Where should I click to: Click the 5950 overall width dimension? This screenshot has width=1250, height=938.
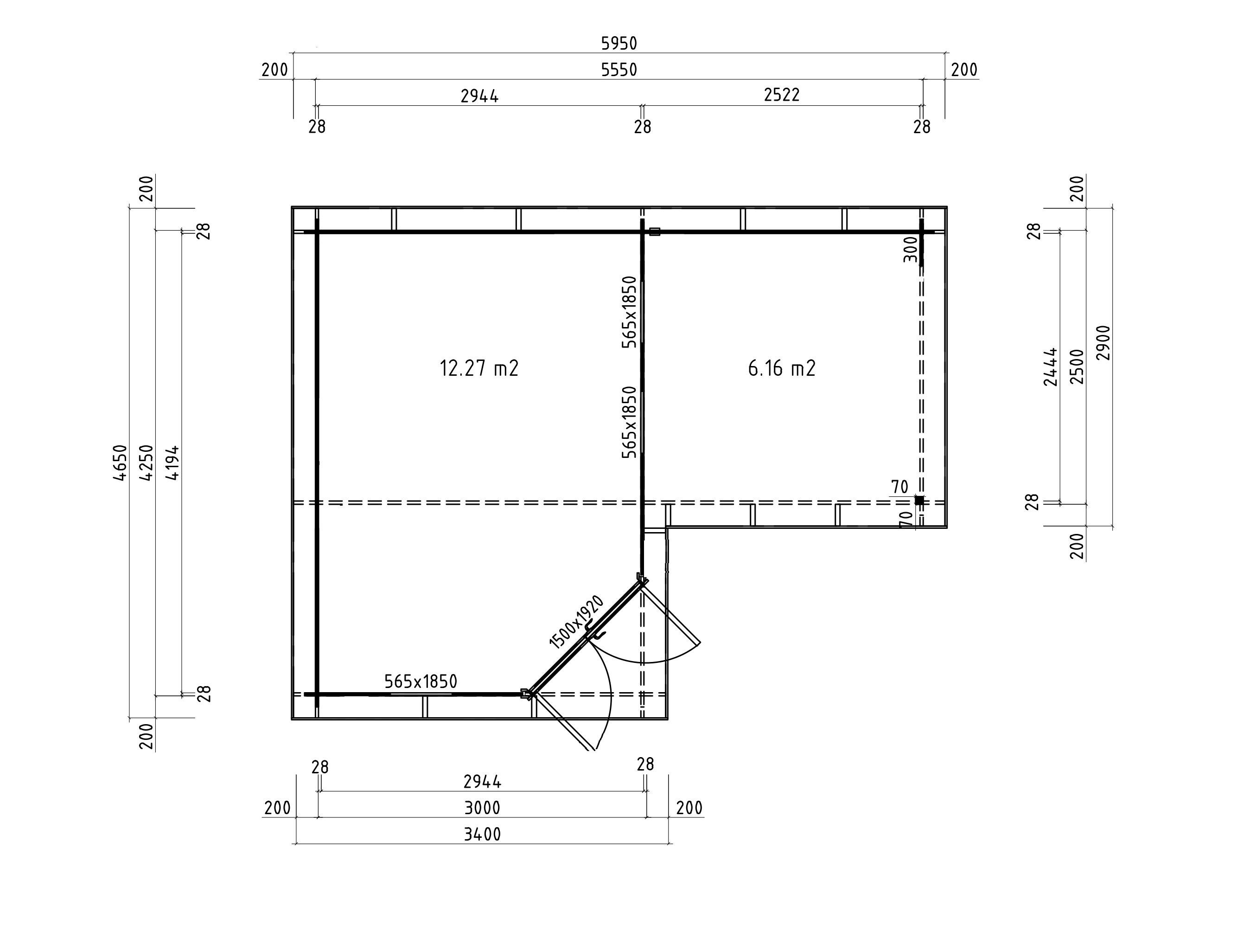pyautogui.click(x=619, y=43)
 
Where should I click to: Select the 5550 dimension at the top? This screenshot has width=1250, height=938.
pyautogui.click(x=619, y=70)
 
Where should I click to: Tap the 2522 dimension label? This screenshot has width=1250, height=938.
pyautogui.click(x=782, y=95)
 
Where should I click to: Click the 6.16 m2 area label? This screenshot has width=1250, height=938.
pyautogui.click(x=782, y=368)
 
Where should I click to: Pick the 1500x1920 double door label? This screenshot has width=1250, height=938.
pyautogui.click(x=576, y=621)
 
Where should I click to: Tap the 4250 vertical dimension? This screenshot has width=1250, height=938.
pyautogui.click(x=147, y=463)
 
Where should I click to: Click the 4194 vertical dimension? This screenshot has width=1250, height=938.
pyautogui.click(x=173, y=463)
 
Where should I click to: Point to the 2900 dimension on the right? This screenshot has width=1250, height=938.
pyautogui.click(x=1103, y=343)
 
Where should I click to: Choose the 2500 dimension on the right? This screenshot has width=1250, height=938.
pyautogui.click(x=1077, y=366)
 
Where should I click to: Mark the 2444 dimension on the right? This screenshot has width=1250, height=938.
pyautogui.click(x=1051, y=366)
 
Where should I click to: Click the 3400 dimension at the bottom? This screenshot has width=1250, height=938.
pyautogui.click(x=482, y=835)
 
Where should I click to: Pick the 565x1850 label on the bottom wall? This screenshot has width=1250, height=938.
pyautogui.click(x=421, y=681)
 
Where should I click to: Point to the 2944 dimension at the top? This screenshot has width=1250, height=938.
pyautogui.click(x=479, y=96)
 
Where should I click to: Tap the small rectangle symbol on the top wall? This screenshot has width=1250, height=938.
pyautogui.click(x=654, y=231)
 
